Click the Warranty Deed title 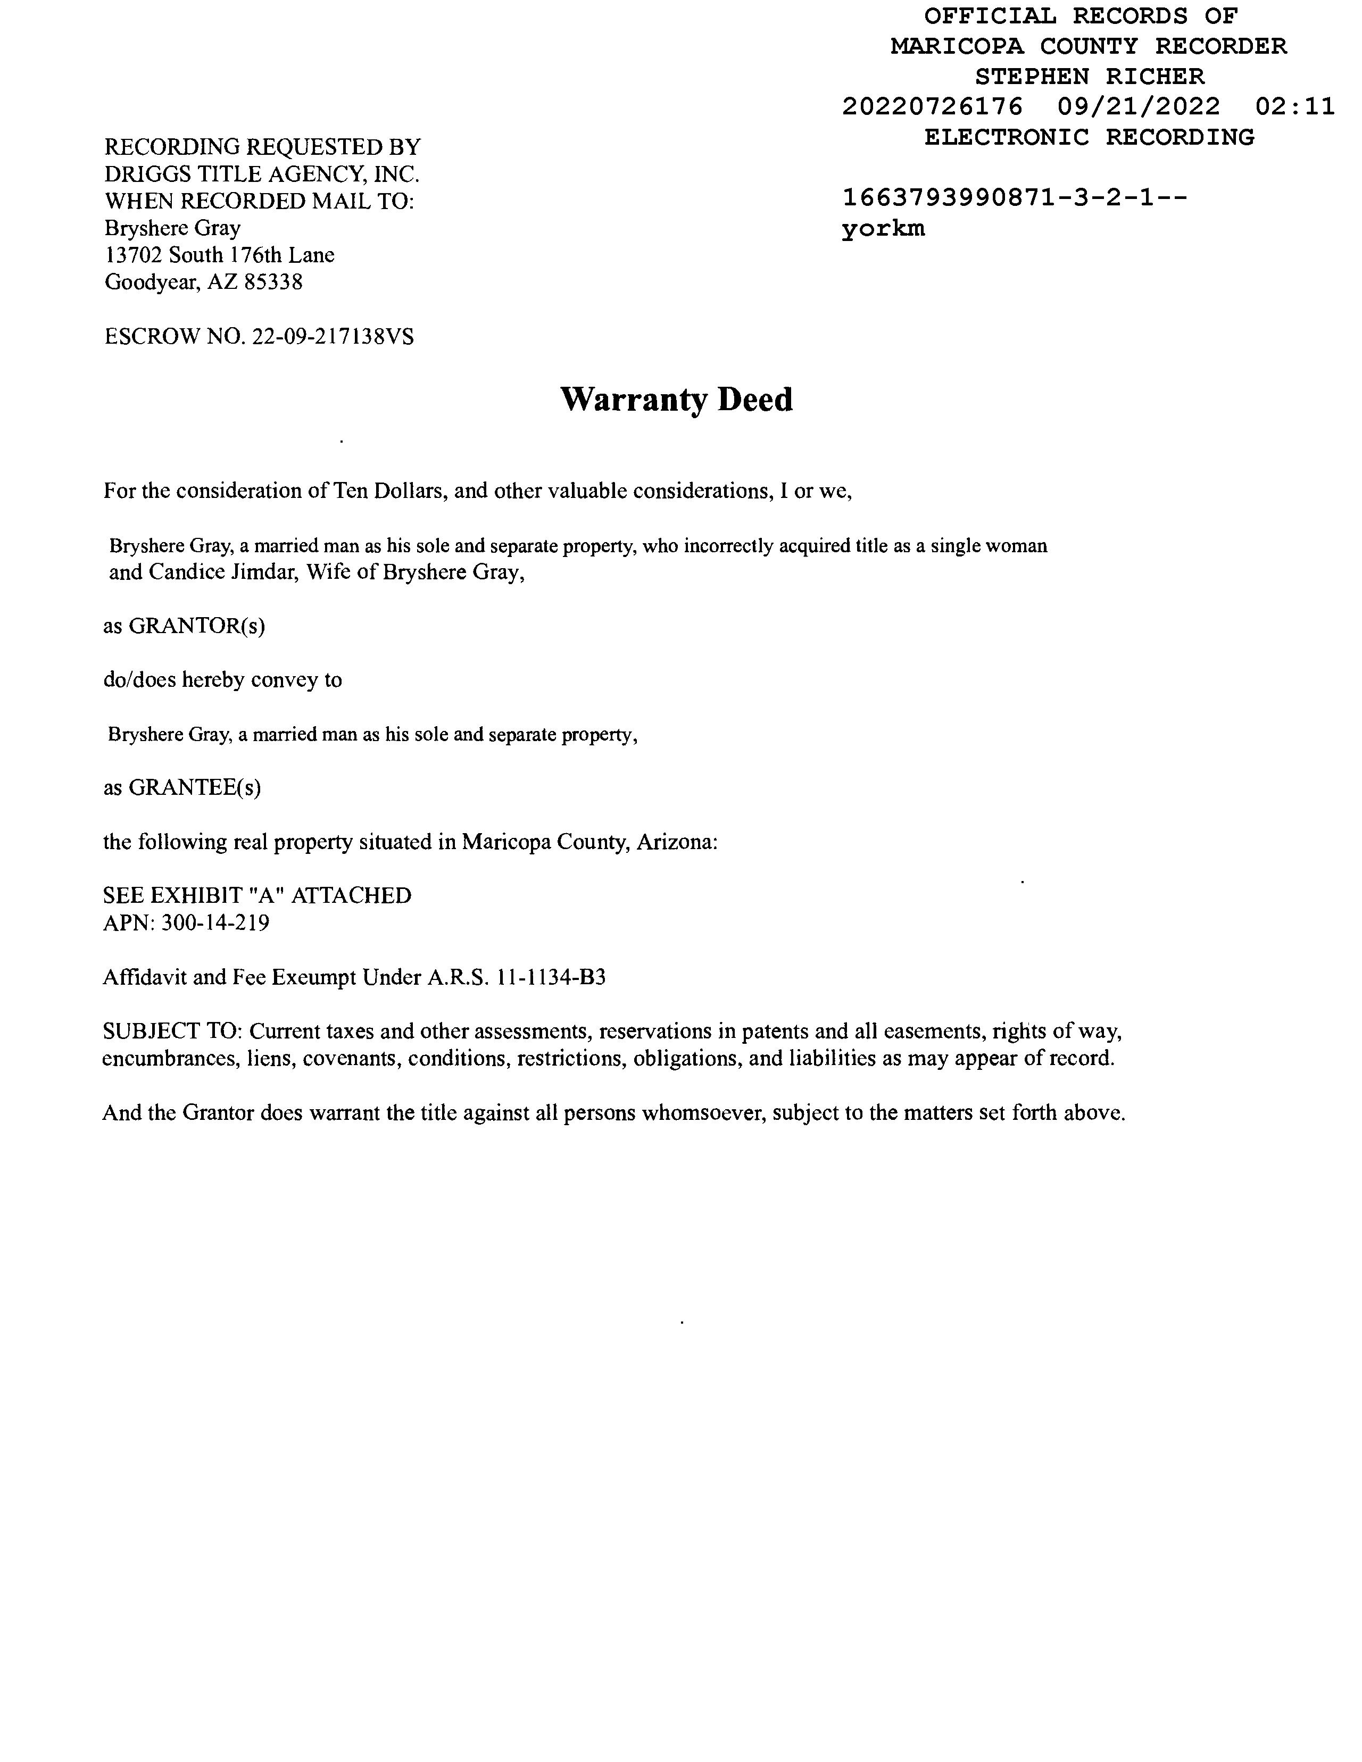(676, 400)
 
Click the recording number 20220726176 (932, 106)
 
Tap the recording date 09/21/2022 (1139, 106)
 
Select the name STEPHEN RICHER (1089, 77)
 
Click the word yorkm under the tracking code (883, 229)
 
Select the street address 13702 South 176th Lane (220, 255)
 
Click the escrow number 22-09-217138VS (333, 336)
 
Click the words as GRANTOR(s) (184, 626)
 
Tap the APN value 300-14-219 (215, 923)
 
